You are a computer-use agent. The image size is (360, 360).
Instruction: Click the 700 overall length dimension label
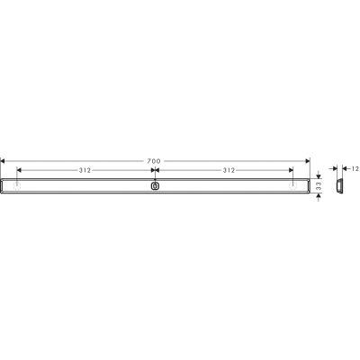[154, 160]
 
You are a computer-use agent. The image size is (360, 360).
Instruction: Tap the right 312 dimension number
[227, 169]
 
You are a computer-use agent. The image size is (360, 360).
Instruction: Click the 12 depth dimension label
[355, 168]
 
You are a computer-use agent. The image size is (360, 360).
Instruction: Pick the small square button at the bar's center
[155, 186]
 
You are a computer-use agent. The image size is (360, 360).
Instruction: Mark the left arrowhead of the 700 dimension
[3, 160]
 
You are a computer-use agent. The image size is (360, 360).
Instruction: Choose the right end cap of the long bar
[305, 186]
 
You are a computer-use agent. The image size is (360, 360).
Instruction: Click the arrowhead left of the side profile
[328, 168]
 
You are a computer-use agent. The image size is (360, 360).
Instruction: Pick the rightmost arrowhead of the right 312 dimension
[291, 169]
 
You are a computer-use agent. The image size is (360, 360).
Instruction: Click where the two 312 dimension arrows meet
[155, 169]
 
